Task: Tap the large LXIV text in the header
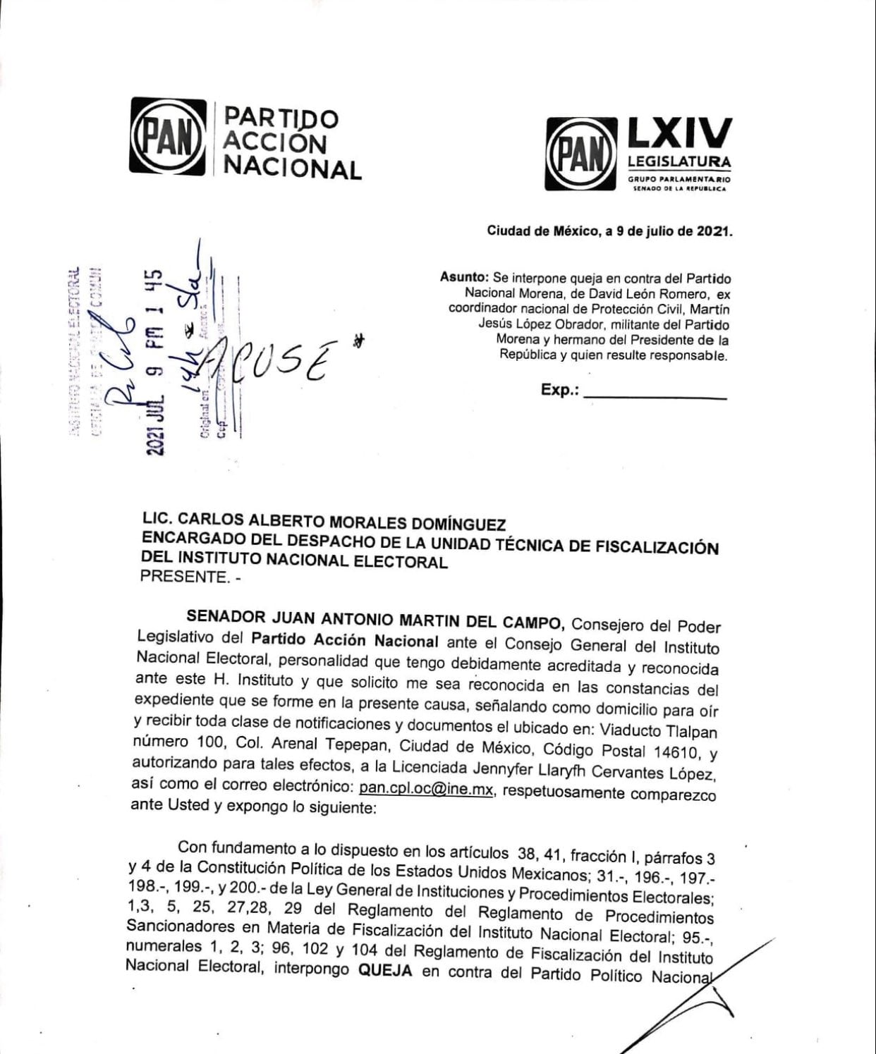pos(679,133)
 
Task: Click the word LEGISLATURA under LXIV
pos(679,161)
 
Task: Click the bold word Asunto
pos(463,278)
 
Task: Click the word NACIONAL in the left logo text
pos(292,169)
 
